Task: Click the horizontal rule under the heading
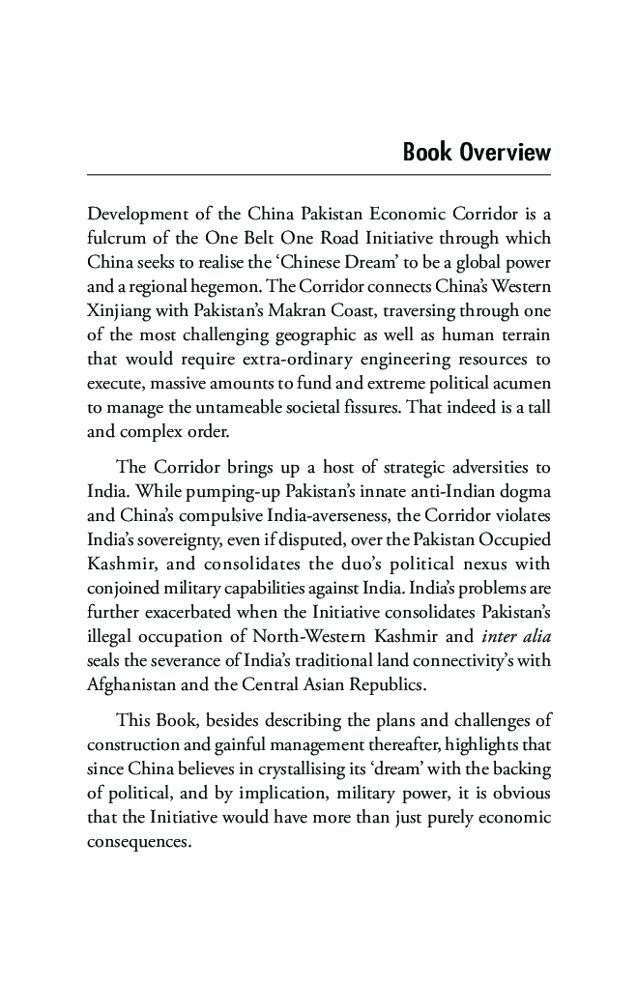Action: (319, 175)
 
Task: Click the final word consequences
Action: (139, 842)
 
